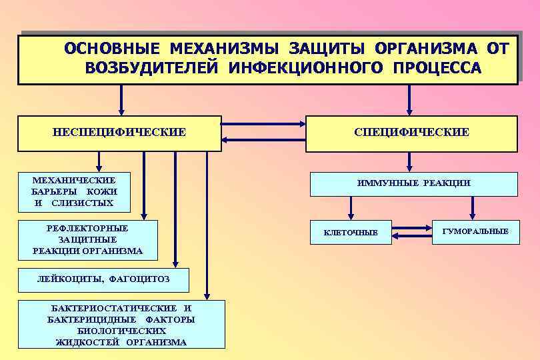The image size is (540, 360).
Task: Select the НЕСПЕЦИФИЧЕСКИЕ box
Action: point(119,133)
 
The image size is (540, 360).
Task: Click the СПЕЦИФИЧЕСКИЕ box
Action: point(411,133)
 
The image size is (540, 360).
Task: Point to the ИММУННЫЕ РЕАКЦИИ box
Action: point(413,183)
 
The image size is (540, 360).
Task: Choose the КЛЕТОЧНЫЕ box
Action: point(351,232)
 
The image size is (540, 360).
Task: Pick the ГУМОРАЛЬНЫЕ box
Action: point(475,231)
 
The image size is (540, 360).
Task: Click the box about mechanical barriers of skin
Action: point(73,191)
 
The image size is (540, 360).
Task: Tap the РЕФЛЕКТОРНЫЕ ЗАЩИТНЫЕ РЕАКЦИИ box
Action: point(87,239)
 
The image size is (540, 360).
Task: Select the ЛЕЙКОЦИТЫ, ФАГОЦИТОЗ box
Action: point(103,280)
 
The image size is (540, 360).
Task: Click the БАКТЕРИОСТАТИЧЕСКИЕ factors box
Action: point(121,325)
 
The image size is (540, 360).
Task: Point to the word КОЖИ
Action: point(102,191)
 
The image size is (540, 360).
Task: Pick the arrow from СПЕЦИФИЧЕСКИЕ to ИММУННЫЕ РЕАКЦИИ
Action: point(409,162)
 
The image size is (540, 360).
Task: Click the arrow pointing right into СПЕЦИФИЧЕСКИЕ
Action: point(263,124)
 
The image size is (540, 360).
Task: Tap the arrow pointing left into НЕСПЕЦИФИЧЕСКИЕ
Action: point(263,139)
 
